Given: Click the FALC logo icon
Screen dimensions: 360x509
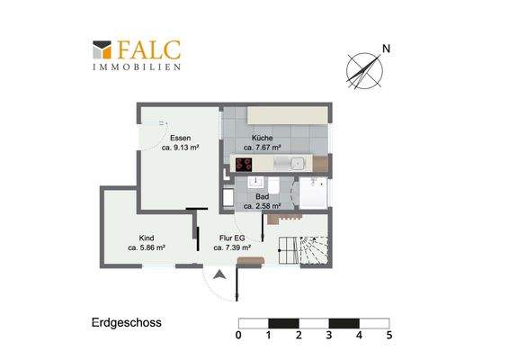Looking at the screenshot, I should pos(102,49).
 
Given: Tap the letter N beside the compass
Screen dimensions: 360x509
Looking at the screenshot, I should pos(386,48).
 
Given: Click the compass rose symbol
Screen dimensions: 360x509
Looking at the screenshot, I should pos(362,69).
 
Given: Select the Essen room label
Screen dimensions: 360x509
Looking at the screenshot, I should pos(179,138).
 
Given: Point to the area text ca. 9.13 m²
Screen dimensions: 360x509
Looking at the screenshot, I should pos(180,148).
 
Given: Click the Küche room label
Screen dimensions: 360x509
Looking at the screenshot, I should pos(262,138).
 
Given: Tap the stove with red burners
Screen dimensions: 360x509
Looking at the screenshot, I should pos(244,164).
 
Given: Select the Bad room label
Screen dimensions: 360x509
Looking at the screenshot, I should pos(263,195).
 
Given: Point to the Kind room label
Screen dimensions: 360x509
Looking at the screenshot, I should pos(146,237).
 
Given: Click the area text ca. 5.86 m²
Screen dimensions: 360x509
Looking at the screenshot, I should pos(146,247).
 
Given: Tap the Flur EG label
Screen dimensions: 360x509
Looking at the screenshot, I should pos(231,237).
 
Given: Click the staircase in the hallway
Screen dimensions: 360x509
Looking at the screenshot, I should pos(304,249).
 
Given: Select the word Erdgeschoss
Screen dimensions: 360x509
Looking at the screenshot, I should pos(126,320).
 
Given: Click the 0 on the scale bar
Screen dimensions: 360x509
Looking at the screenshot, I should pos(238,336).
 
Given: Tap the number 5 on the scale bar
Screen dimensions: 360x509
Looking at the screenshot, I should pos(388,336).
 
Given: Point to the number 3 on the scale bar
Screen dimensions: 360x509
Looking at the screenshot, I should pos(328,336).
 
